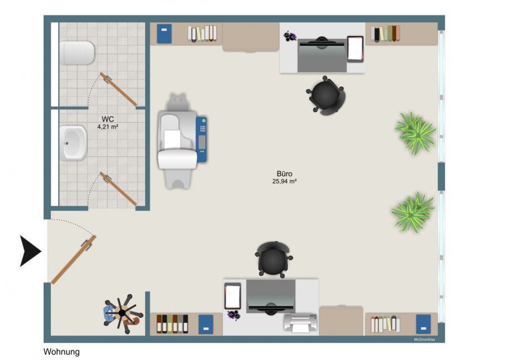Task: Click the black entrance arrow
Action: pos(30,251)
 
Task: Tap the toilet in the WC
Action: pos(76,53)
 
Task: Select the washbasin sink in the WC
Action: pos(73,143)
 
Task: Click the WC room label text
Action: pos(108,119)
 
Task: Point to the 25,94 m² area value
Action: pos(284,181)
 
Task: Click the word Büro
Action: pos(284,174)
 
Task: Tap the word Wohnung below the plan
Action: pos(61,352)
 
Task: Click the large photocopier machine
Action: pos(182,141)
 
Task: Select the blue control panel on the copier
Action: pos(201,139)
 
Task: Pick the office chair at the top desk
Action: pos(325,95)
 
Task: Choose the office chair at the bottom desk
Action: pos(274,260)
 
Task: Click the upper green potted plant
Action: pos(415,133)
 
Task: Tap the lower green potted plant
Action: pos(413,212)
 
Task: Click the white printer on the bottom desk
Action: pos(300,323)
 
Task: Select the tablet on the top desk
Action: pos(355,49)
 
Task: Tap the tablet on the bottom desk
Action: pos(233,296)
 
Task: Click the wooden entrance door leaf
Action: pos(74,260)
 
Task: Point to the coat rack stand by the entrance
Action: pos(123,314)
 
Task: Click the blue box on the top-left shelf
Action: pos(164,34)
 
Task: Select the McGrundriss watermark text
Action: pos(424,340)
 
